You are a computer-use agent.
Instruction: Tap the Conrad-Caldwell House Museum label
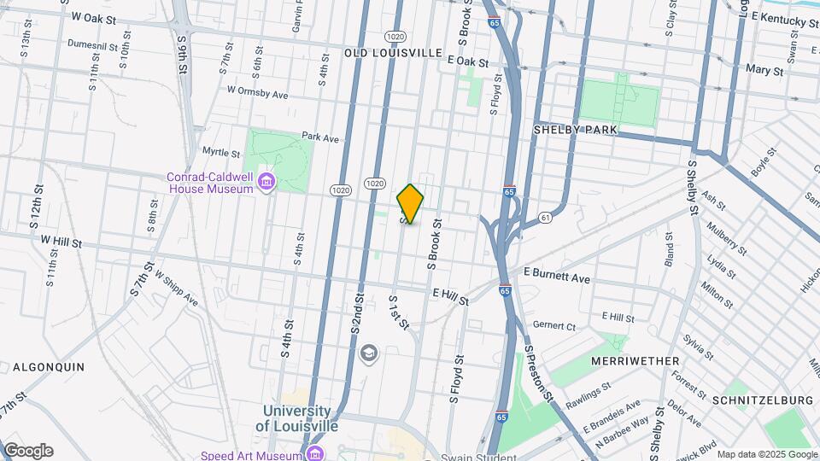(x=209, y=183)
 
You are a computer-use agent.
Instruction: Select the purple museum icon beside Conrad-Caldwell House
(x=266, y=182)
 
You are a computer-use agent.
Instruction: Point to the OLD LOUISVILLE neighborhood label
(x=393, y=53)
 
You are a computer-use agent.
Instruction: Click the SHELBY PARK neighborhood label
(x=575, y=129)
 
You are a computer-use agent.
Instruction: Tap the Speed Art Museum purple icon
(x=315, y=452)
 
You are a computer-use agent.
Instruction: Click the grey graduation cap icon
(x=369, y=353)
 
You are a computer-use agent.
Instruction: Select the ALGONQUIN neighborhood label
(x=48, y=366)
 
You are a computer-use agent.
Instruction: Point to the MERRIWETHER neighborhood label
(x=635, y=361)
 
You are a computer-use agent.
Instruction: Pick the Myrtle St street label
(x=220, y=153)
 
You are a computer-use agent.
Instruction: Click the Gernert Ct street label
(x=554, y=325)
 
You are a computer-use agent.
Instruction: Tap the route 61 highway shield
(x=544, y=219)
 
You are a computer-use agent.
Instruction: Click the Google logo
(x=28, y=451)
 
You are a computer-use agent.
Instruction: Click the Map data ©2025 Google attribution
(x=765, y=454)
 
